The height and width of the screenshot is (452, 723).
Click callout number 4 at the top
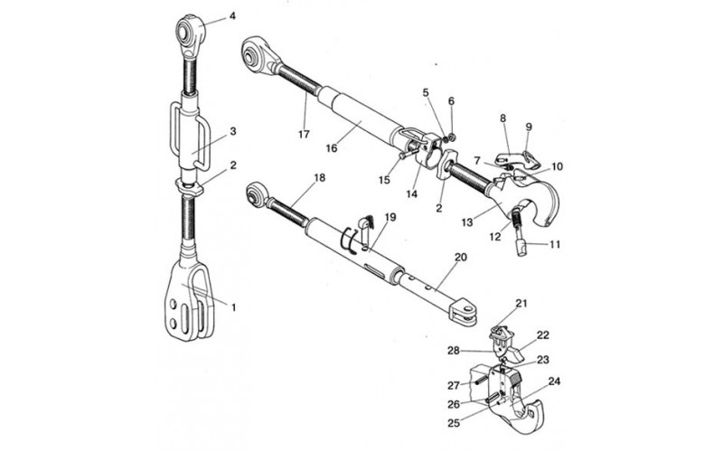click(232, 16)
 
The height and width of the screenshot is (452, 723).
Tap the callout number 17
click(304, 135)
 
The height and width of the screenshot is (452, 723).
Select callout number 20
click(461, 258)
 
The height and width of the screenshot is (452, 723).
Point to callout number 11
click(555, 243)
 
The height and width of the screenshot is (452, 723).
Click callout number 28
click(454, 351)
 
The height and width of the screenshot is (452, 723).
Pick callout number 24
click(554, 381)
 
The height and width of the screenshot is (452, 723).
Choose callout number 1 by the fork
click(233, 307)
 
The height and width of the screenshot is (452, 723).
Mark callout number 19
click(390, 217)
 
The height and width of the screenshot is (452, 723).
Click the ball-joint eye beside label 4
click(190, 32)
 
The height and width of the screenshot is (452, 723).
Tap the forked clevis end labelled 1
click(190, 302)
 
